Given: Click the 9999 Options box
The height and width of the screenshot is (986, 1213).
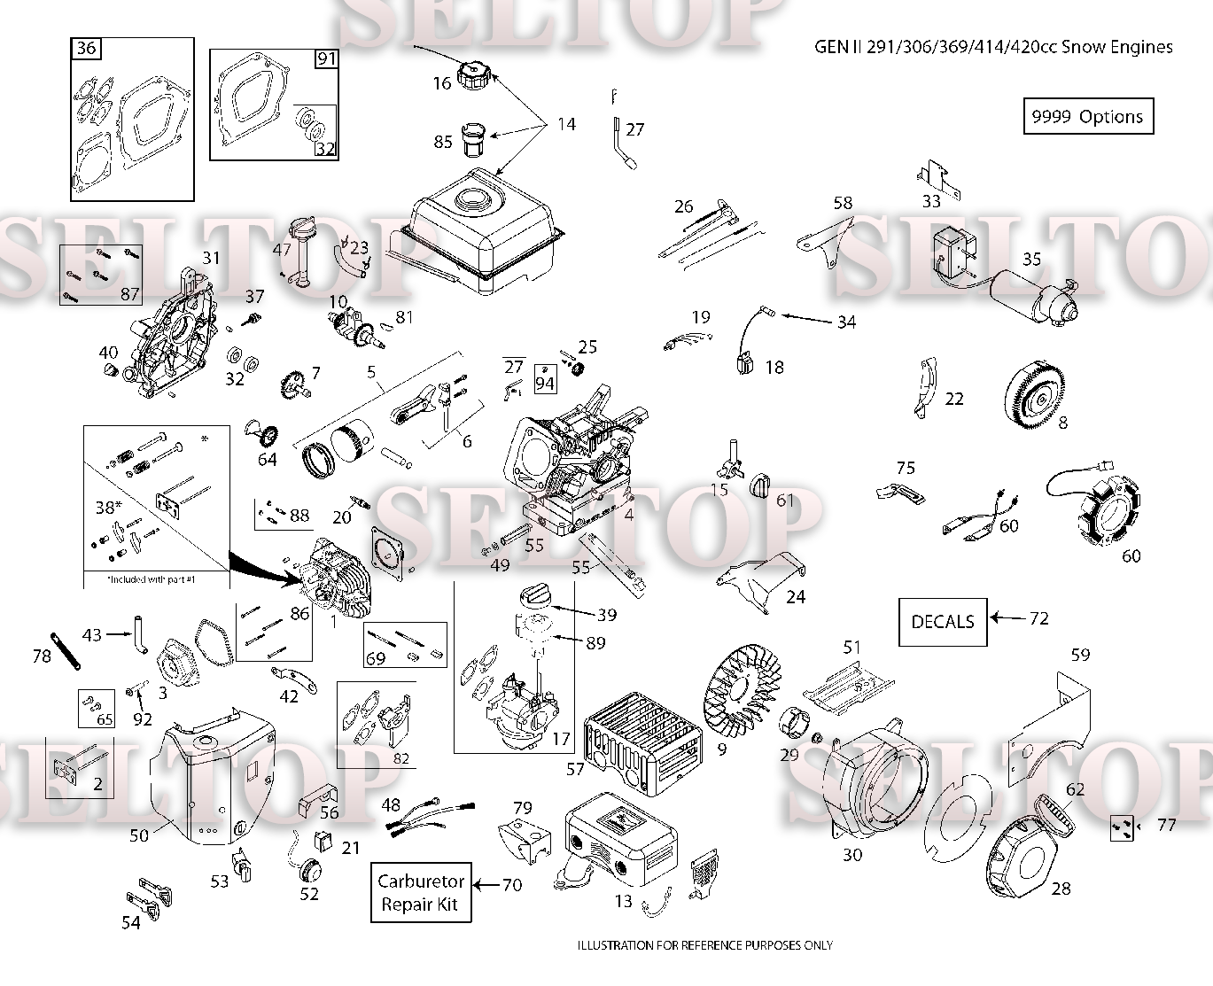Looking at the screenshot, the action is (x=1088, y=116).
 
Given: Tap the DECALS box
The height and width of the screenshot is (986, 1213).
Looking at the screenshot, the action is (x=943, y=622).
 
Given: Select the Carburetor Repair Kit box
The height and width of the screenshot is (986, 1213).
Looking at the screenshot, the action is (x=421, y=892).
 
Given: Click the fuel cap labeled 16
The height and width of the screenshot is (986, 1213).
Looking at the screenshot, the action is (x=472, y=75).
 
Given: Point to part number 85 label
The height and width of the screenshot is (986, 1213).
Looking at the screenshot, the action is (x=442, y=142).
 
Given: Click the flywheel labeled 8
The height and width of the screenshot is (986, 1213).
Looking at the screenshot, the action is (x=1035, y=394).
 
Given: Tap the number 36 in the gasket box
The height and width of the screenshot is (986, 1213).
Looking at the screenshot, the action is (x=86, y=48).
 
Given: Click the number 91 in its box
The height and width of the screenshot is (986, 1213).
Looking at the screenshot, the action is (x=327, y=58).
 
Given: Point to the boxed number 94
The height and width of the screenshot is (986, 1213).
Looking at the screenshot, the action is (x=545, y=380).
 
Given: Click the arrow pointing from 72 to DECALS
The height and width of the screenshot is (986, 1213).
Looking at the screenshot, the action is (x=1007, y=617).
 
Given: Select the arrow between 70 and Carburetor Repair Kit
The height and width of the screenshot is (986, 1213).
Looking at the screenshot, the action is (x=486, y=885).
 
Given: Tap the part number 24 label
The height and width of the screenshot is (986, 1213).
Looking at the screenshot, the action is (x=796, y=596).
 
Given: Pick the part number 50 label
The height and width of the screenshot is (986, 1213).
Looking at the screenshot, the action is (x=139, y=835).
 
